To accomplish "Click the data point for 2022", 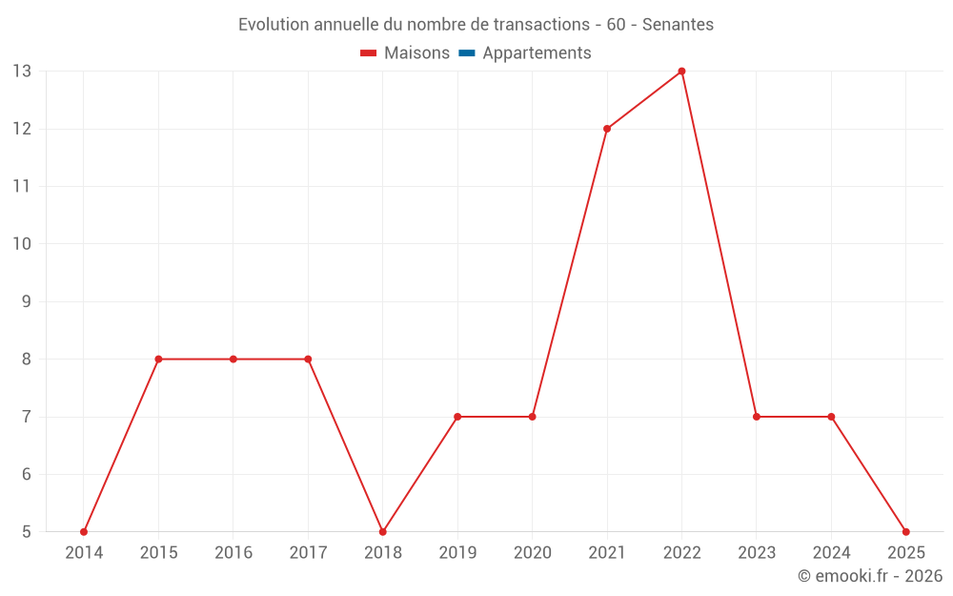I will (681, 72).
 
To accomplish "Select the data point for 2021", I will (607, 129).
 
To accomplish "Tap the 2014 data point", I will (84, 531).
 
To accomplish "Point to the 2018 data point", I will (383, 531).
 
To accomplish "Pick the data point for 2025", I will (905, 531).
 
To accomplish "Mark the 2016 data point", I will (233, 360).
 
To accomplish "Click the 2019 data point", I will (457, 417).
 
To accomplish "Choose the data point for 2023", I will (757, 417).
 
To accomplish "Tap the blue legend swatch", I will (467, 53).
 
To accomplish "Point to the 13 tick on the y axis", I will (22, 72).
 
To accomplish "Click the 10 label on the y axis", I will (22, 244).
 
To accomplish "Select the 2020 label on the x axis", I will (532, 553).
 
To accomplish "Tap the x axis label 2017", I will (308, 553).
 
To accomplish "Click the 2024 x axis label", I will (831, 553).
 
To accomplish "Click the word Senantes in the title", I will (678, 25).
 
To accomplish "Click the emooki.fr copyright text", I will (870, 576).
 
